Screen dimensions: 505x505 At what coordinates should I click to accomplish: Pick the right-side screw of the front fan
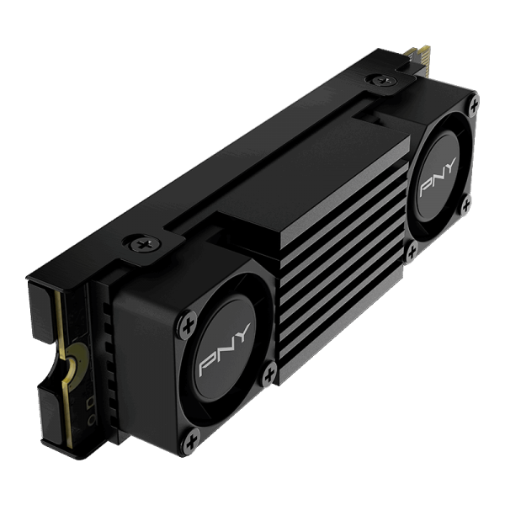point(269,367)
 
